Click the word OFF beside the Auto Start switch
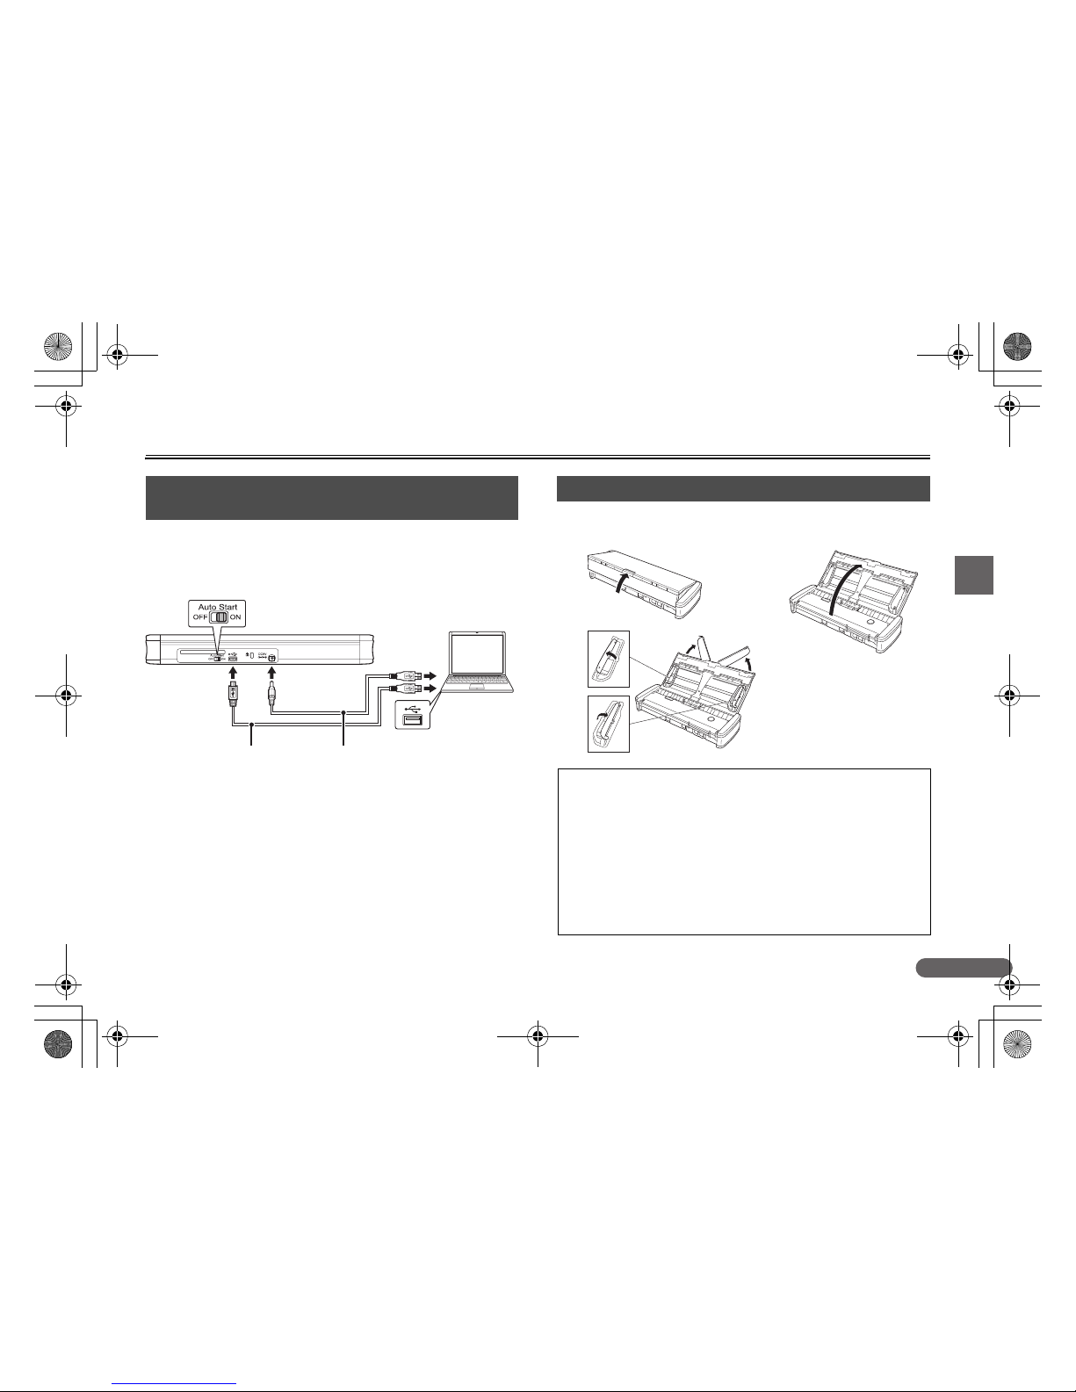coord(200,617)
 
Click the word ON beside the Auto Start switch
coord(235,617)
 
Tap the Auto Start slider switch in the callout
coord(219,617)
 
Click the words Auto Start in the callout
coord(218,607)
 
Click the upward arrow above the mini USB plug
coord(233,673)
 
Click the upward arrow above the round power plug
coord(271,673)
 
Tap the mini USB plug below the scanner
coord(233,695)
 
